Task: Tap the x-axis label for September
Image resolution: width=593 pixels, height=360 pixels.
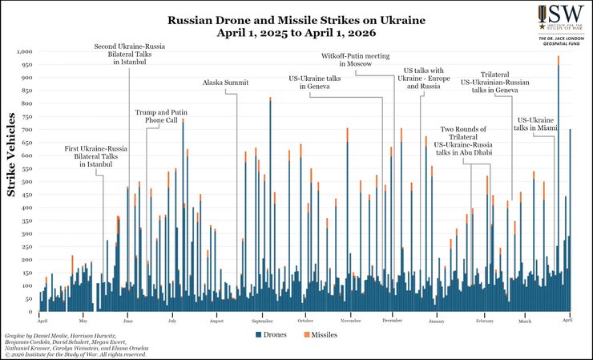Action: pos(262,321)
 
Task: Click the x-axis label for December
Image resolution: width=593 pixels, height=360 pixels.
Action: pos(392,321)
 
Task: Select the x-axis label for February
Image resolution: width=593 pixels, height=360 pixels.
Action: pos(484,321)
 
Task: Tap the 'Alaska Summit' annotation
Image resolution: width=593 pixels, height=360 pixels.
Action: pos(225,83)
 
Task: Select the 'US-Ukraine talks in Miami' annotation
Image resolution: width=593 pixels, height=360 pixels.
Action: pos(535,123)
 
